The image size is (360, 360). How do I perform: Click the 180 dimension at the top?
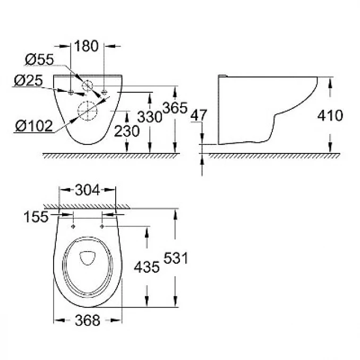tap(87, 46)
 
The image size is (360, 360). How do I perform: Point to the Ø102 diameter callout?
tap(35, 126)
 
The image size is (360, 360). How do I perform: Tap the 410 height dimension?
tap(331, 115)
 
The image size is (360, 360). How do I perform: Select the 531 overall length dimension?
tap(176, 258)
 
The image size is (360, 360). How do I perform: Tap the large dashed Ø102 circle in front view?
tap(87, 110)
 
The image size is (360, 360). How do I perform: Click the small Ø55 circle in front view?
tap(88, 85)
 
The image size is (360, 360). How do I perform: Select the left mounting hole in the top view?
tap(73, 227)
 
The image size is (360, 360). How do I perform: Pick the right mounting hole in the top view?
tap(101, 227)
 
